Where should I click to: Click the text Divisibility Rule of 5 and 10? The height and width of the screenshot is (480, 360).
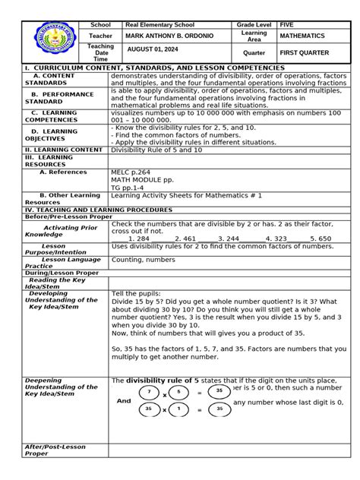[157, 150]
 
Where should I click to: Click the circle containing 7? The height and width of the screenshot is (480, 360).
[150, 393]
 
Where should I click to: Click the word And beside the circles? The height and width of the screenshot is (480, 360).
[123, 401]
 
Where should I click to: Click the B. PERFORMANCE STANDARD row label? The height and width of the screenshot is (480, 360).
[55, 96]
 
